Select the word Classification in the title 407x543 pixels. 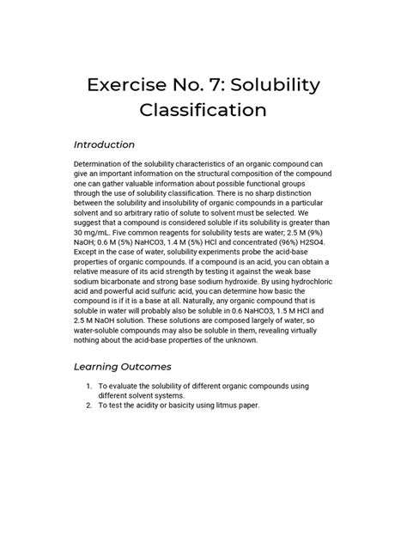click(203, 111)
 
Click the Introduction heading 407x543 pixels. click(105, 143)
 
